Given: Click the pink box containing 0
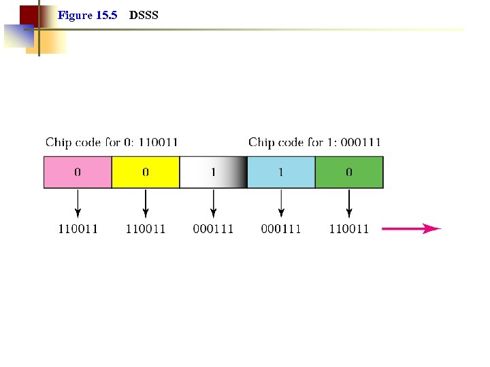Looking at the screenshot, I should [x=78, y=173].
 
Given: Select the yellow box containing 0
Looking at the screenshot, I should [x=146, y=173].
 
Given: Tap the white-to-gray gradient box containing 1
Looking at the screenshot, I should [x=213, y=173].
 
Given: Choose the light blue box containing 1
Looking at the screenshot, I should [x=281, y=173].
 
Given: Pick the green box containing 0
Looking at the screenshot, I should [x=349, y=173].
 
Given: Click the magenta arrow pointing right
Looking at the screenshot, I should [x=411, y=229].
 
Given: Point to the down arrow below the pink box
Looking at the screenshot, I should [x=78, y=203].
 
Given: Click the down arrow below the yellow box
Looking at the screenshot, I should [x=146, y=203].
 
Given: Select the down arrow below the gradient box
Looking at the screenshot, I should [x=214, y=203].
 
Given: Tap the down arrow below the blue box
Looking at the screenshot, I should [x=281, y=203].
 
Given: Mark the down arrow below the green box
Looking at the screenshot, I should [x=349, y=203].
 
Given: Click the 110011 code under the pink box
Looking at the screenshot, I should [x=78, y=229].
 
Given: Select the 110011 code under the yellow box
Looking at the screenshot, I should [x=146, y=229].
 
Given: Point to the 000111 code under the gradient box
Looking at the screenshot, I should [x=213, y=229].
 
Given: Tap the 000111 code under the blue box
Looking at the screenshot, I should [x=281, y=229].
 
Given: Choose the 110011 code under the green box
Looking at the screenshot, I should [x=349, y=229].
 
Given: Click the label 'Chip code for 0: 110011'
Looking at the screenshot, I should [x=112, y=143].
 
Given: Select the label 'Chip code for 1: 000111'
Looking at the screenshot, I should [x=314, y=143].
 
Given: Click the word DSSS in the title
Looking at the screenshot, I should [x=144, y=15].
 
